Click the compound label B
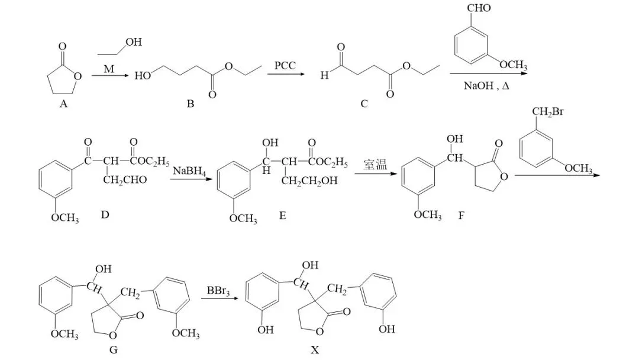[191, 104]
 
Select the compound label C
[364, 104]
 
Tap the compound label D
[105, 214]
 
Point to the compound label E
[282, 216]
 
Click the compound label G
[114, 349]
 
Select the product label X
[315, 350]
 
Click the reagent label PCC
[285, 65]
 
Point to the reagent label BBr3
[219, 291]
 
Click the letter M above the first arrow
[109, 69]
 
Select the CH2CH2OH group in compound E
[309, 181]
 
